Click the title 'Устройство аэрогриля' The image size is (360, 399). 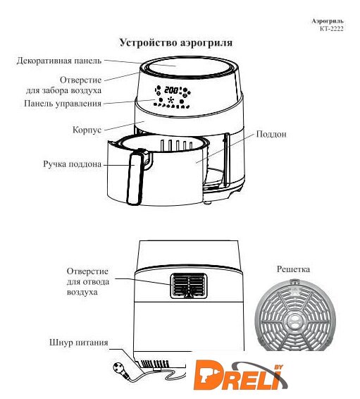(176, 42)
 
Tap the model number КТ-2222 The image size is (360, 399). (332, 29)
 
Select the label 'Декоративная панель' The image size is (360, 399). (59, 61)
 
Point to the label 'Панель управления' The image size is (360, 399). (63, 104)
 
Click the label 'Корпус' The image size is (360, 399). (87, 130)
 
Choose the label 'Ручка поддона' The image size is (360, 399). (72, 164)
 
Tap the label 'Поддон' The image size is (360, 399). (271, 134)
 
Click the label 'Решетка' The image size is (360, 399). (293, 269)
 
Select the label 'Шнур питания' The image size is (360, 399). (79, 343)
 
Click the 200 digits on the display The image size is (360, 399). (171, 90)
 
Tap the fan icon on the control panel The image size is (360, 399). (171, 99)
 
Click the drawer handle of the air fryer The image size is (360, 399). (135, 178)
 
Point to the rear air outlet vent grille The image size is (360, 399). (189, 286)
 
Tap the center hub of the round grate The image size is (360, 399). (295, 322)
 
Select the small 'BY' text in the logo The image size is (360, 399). (279, 367)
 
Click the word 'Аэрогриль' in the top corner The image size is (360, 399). (328, 21)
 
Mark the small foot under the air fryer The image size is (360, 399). (208, 202)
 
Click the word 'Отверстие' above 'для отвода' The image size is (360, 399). (87, 271)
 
